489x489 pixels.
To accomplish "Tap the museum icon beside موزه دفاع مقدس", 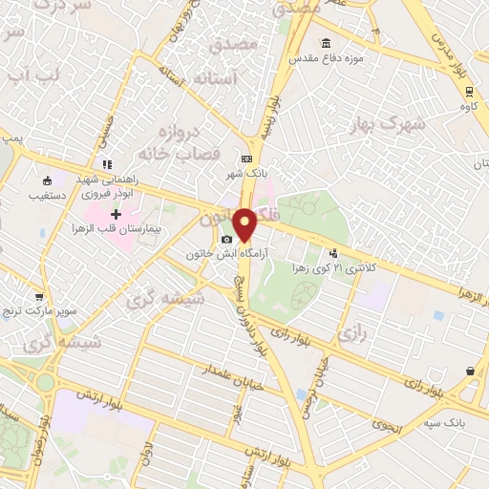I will point(327,43).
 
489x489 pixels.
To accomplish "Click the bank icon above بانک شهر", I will point(247,159).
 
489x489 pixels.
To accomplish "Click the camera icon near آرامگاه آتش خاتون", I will point(226,239).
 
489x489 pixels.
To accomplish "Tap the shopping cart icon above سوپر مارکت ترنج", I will point(39,297).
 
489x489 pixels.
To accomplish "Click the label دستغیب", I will point(49,197).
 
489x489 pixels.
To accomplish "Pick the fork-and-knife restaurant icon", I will point(108,163).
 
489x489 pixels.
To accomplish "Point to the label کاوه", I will point(468,108).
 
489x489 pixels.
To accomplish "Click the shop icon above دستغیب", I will point(47,180).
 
